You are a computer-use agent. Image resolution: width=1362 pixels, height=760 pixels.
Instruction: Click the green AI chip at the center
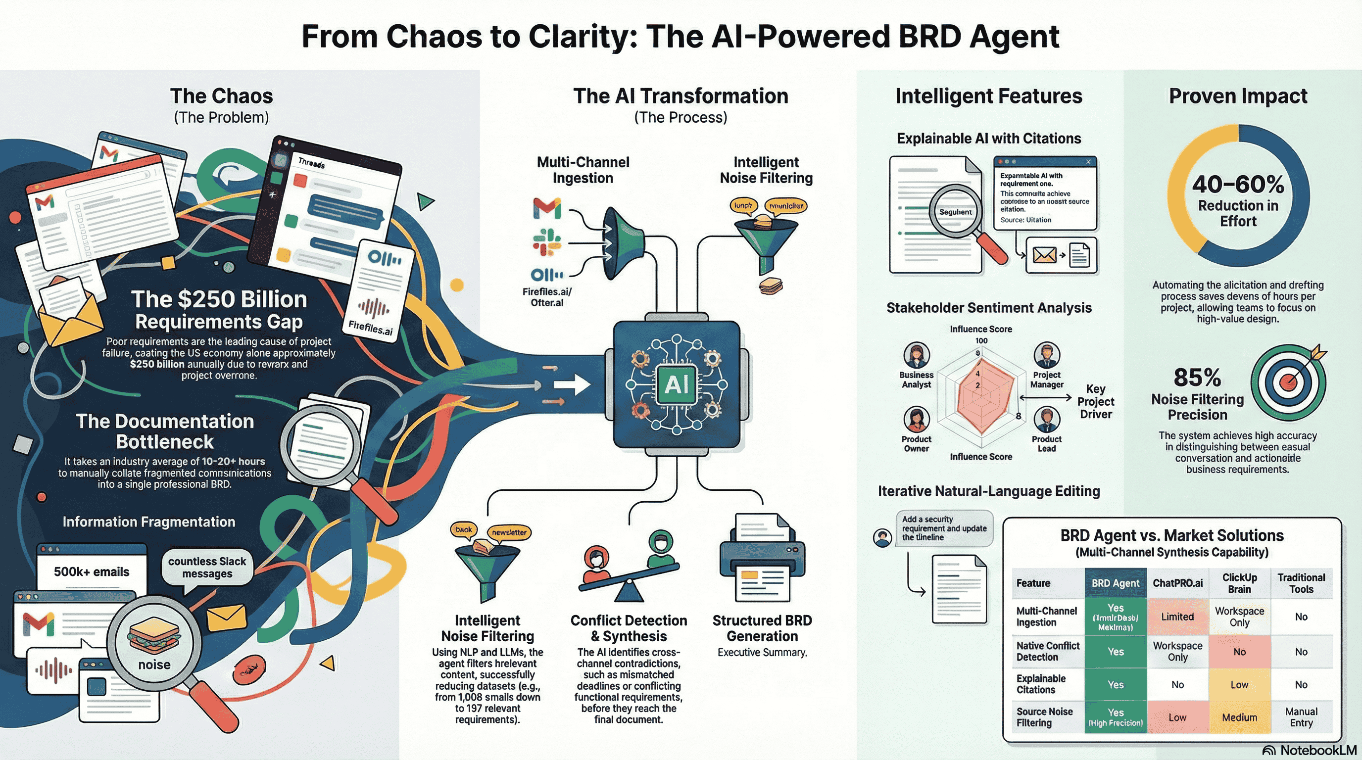point(676,384)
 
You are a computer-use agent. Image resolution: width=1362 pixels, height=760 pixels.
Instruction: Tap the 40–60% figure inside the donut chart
point(1238,185)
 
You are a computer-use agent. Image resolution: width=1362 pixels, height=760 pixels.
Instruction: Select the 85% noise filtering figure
point(1197,378)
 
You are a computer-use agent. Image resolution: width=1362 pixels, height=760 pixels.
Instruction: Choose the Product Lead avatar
point(1046,420)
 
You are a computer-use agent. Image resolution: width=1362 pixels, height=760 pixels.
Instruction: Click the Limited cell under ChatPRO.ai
point(1177,617)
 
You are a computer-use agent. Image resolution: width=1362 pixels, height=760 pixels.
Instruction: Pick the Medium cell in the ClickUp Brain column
point(1239,717)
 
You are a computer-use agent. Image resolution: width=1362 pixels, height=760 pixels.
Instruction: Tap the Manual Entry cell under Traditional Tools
point(1301,717)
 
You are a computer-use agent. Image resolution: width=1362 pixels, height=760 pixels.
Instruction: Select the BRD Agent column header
point(1116,583)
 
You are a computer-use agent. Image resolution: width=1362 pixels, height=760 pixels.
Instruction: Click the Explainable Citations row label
point(1040,684)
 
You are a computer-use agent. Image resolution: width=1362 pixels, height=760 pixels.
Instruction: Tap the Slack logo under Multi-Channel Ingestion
point(547,242)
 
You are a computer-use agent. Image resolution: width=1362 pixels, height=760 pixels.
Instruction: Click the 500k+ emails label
point(92,572)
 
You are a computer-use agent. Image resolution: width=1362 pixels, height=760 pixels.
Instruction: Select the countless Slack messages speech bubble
point(207,568)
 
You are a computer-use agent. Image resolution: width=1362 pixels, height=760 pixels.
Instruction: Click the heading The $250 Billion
point(219,300)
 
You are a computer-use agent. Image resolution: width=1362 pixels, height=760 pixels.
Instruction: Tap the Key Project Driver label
point(1096,402)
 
